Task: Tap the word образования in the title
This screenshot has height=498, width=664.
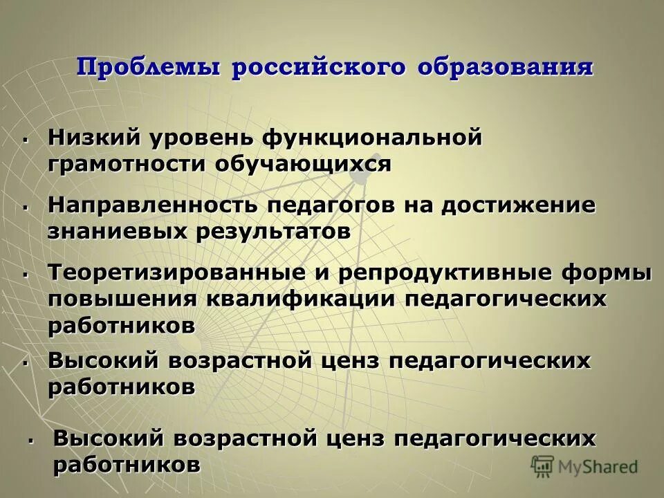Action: (505, 68)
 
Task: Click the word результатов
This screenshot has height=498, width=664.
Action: (273, 232)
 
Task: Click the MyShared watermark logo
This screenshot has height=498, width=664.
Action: (584, 466)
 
